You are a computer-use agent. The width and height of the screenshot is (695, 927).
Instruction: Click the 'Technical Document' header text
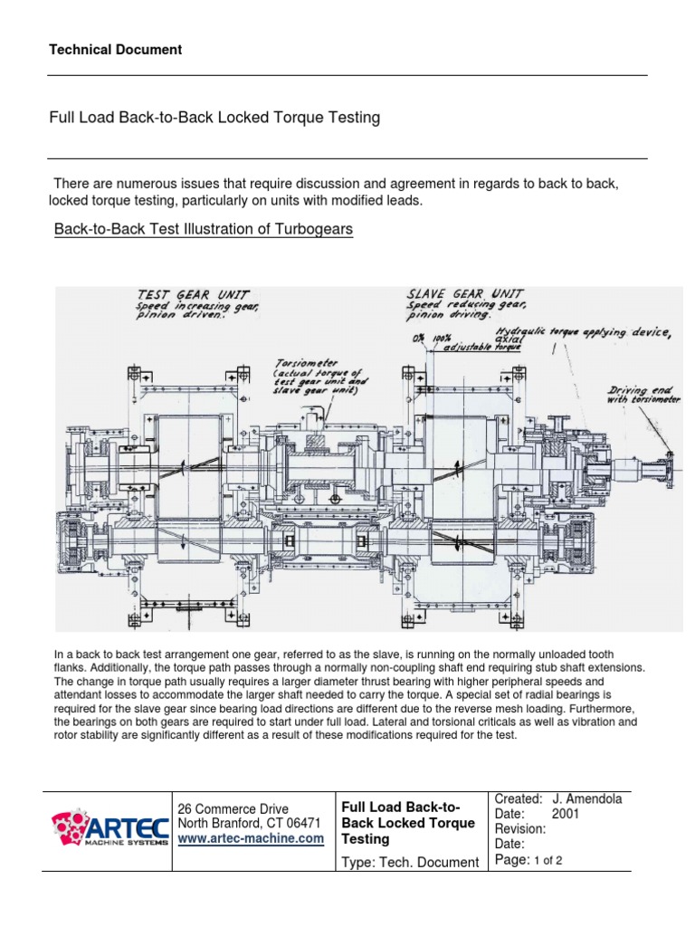point(116,50)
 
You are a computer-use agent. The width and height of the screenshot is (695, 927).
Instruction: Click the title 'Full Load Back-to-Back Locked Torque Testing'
point(214,118)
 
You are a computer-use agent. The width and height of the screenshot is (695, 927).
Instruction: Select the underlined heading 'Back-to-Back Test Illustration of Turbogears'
point(204,230)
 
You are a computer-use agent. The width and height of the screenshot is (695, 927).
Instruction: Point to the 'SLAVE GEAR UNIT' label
point(463,295)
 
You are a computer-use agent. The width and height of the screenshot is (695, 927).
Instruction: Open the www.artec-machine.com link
point(251,839)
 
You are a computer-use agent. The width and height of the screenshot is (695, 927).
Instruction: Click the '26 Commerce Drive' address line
point(233,808)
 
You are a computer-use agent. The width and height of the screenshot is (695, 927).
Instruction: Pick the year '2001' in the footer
point(566,814)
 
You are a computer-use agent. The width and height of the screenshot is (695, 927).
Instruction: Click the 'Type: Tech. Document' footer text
point(409,862)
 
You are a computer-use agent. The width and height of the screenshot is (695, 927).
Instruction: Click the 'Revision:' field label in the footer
point(519,828)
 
